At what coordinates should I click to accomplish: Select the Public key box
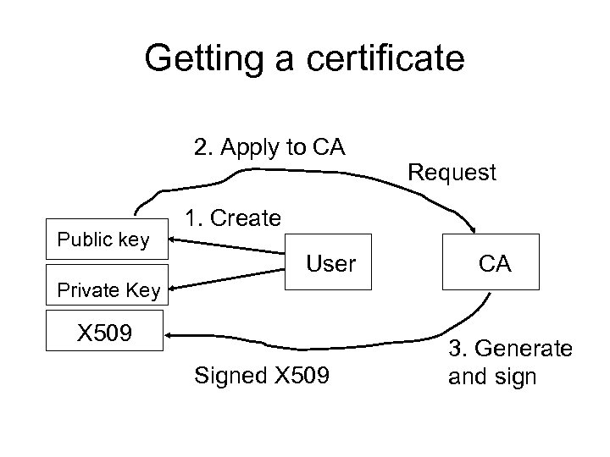(103, 240)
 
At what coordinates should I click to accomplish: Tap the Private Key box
(108, 291)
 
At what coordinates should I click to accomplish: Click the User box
(330, 264)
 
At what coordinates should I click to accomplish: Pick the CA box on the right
(493, 264)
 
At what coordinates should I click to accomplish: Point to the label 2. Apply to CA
(269, 147)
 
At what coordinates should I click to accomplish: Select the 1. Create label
(233, 217)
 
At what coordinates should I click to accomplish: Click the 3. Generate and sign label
(509, 361)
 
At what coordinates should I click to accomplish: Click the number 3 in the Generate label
(455, 348)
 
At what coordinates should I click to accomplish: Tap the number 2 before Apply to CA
(201, 147)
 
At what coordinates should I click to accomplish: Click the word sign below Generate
(516, 376)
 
